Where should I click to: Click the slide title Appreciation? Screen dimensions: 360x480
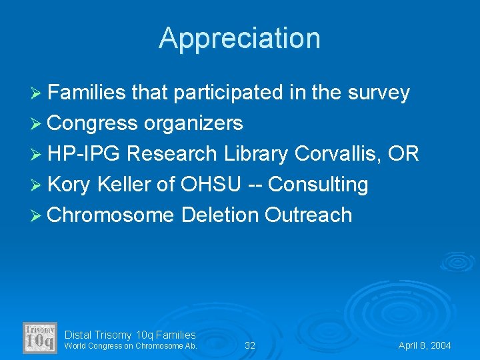click(x=239, y=38)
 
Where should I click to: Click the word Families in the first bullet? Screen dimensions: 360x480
click(x=87, y=93)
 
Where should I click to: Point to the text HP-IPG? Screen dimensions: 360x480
click(x=84, y=154)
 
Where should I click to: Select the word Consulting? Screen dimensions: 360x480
click(x=317, y=185)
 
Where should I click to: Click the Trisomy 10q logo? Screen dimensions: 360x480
click(x=40, y=338)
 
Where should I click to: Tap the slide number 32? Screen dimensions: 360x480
click(x=250, y=345)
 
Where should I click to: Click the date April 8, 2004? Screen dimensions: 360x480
click(x=425, y=345)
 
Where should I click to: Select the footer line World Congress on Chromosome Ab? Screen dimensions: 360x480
click(x=131, y=346)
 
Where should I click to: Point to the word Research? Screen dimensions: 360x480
click(x=171, y=154)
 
